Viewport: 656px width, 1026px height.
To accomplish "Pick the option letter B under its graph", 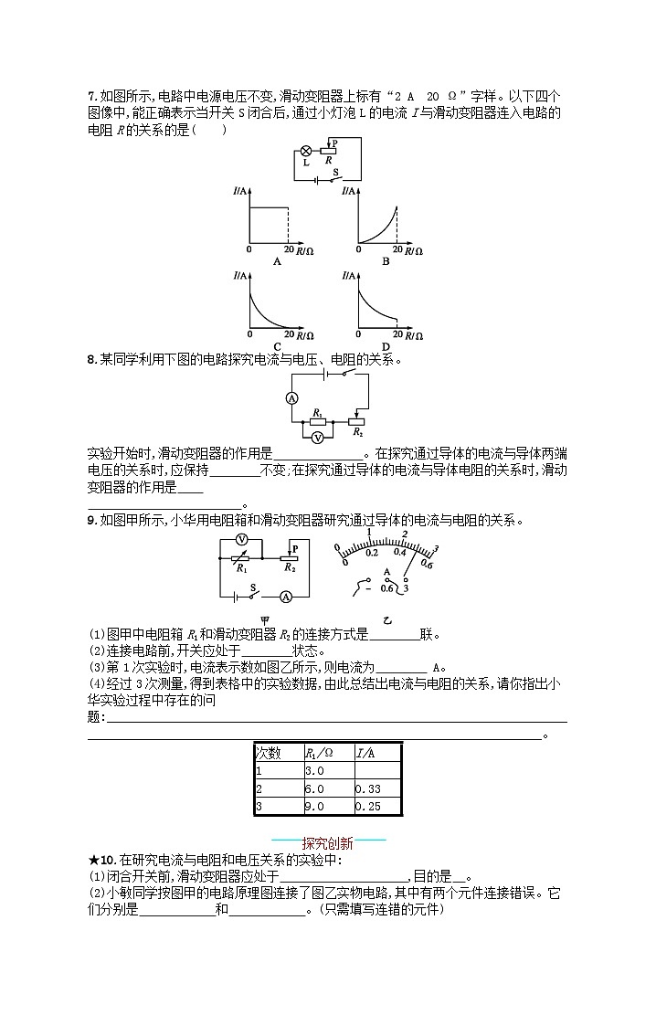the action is (x=386, y=260).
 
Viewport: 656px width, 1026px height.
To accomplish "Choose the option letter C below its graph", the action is (x=276, y=345).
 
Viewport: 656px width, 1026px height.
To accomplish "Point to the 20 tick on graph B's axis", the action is (x=397, y=249).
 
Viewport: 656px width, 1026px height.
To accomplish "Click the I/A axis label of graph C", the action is (x=241, y=275).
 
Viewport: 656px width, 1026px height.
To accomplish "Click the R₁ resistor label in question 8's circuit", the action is (x=317, y=414).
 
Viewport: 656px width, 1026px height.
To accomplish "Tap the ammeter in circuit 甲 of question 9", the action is (x=285, y=597).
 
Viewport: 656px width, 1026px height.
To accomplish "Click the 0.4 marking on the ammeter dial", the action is (x=399, y=552).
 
